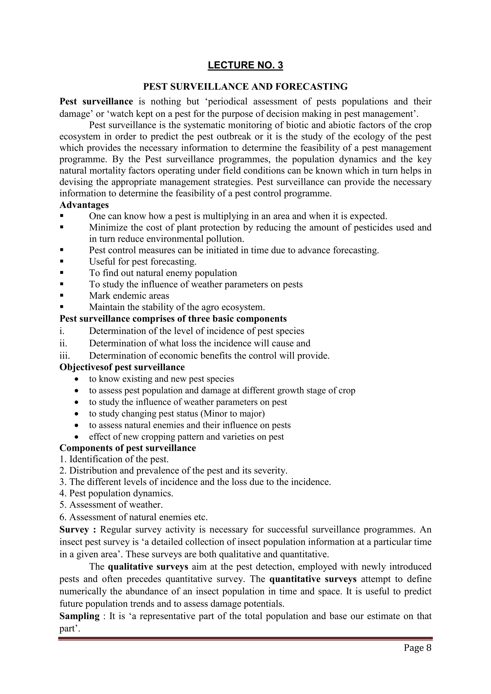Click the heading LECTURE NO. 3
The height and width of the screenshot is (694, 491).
click(x=245, y=65)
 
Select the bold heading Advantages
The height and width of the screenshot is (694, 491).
click(x=84, y=205)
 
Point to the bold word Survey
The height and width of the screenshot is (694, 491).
click(x=74, y=530)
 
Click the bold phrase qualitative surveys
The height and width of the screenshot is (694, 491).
click(x=148, y=567)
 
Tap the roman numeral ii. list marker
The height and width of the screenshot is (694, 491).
click(x=63, y=343)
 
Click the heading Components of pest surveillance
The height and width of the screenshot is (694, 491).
click(x=128, y=448)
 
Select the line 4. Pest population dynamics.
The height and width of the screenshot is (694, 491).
click(x=117, y=493)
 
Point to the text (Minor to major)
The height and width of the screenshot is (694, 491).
click(x=234, y=413)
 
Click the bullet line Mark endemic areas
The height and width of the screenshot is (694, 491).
click(x=129, y=296)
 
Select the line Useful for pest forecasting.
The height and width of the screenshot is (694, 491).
click(x=143, y=261)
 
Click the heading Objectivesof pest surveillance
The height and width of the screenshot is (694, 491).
click(x=122, y=367)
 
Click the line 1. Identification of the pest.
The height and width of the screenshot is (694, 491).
click(x=114, y=459)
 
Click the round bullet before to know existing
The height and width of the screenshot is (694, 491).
click(x=77, y=379)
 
